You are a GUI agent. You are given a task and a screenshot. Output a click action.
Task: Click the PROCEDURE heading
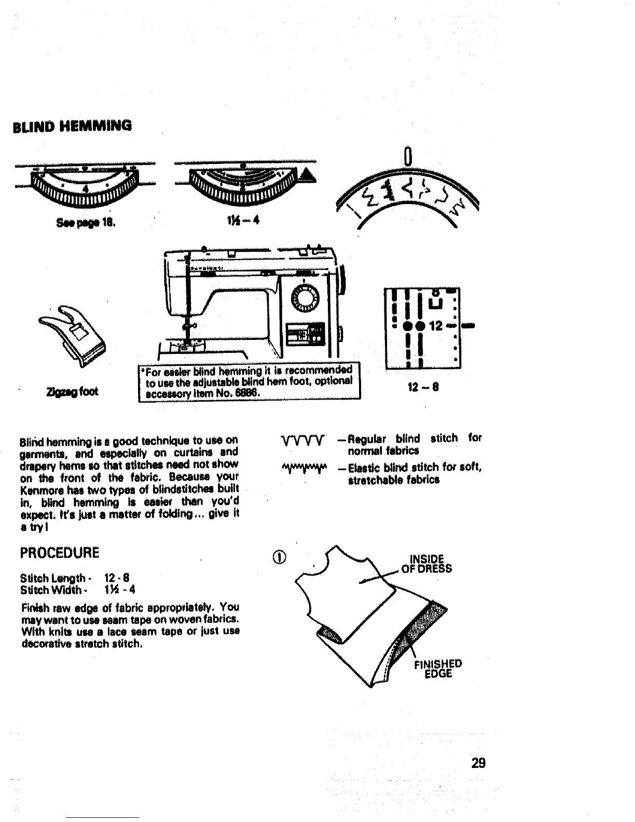tap(59, 552)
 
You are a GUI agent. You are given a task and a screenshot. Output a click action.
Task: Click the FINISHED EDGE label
tap(437, 669)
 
